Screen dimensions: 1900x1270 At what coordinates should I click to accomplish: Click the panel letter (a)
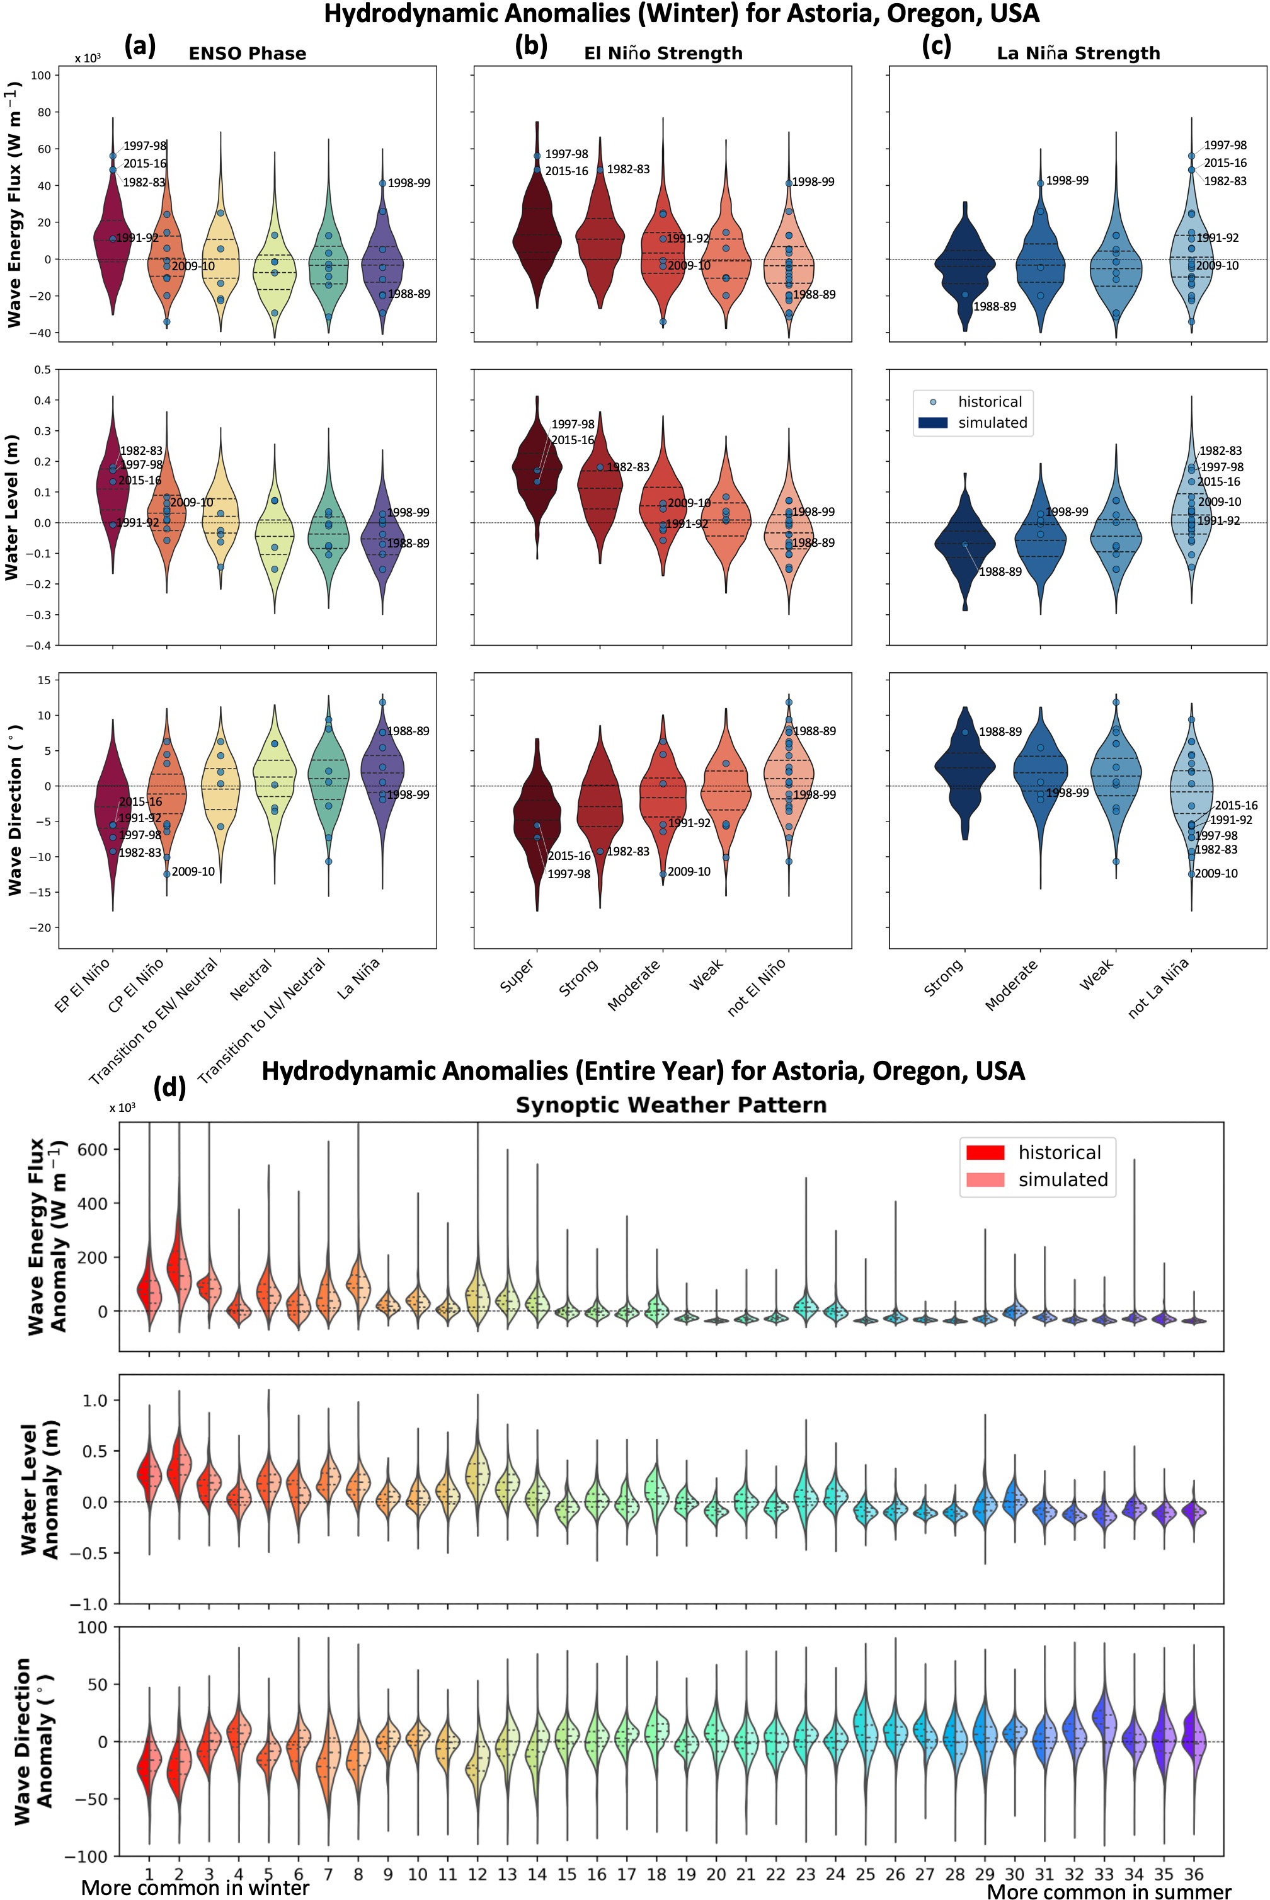[139, 47]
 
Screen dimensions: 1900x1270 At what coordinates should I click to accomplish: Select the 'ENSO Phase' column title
[247, 54]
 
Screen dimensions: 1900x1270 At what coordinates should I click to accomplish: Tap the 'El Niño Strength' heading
[663, 54]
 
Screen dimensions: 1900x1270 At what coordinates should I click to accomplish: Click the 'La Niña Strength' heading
[1078, 54]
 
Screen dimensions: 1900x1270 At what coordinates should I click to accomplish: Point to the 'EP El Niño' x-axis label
[83, 986]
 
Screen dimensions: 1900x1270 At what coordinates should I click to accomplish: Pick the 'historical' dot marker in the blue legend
[933, 402]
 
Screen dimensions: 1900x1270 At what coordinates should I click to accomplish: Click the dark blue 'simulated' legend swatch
[933, 423]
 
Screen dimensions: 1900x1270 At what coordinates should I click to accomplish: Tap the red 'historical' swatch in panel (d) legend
[985, 1152]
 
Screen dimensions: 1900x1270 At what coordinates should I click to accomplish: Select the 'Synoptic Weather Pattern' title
[671, 1106]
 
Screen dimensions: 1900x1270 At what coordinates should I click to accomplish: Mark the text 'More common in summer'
[1108, 1892]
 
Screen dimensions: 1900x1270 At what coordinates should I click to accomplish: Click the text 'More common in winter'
[195, 1889]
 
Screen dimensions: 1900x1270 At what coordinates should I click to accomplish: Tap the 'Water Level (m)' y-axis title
[11, 506]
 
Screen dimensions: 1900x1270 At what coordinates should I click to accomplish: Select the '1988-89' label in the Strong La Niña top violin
[994, 307]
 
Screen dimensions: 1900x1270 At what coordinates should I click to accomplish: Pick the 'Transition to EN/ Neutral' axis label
[154, 1022]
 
